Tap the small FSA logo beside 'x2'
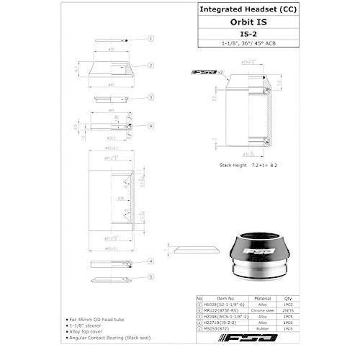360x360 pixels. pos(204,72)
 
